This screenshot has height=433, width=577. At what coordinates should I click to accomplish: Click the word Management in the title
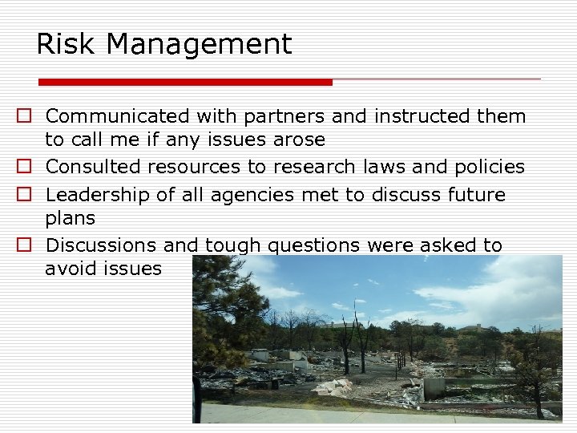(x=199, y=44)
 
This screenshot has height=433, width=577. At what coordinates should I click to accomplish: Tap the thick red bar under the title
(x=185, y=82)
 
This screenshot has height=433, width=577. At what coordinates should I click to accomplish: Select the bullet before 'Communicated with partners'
(x=25, y=117)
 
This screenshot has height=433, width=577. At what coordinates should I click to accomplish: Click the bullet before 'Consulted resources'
(x=25, y=168)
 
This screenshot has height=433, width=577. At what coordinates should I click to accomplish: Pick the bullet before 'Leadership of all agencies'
(x=25, y=195)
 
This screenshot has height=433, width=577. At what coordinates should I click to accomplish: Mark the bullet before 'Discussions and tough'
(x=25, y=246)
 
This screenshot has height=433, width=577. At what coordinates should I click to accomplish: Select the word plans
(x=70, y=219)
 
